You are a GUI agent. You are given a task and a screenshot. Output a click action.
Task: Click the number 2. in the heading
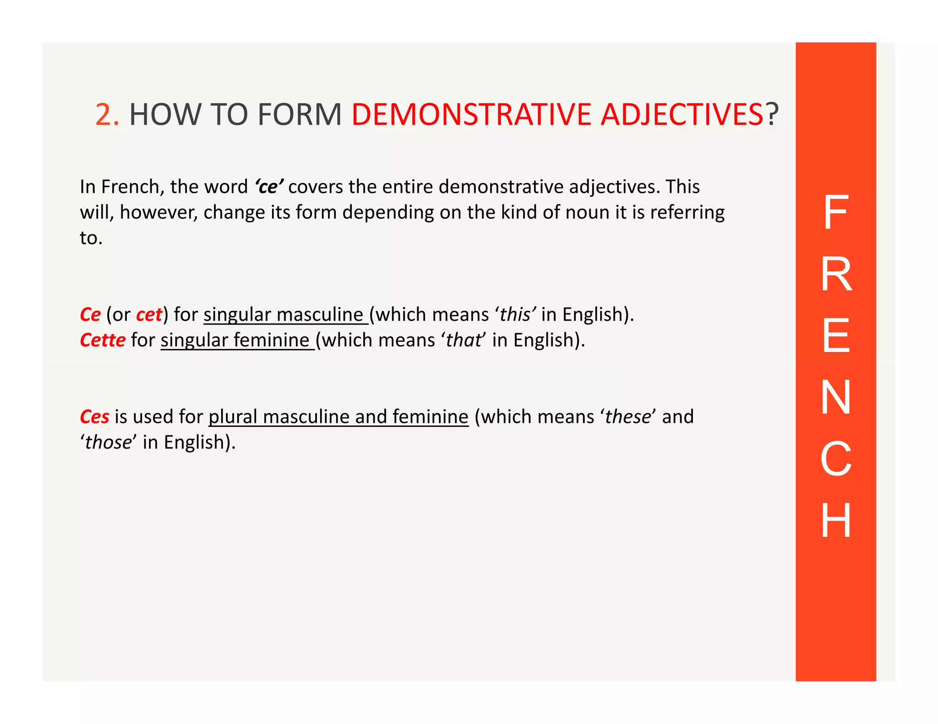click(x=107, y=114)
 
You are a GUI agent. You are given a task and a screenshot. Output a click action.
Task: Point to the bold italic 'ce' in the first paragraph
click(x=269, y=187)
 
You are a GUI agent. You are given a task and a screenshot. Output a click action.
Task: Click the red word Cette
click(x=103, y=340)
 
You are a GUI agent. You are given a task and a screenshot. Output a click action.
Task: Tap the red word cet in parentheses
click(x=149, y=314)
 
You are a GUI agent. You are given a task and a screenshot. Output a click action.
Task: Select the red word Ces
click(x=94, y=416)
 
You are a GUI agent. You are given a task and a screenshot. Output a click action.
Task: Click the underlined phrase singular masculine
click(x=285, y=314)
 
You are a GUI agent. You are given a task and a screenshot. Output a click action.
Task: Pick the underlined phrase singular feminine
click(x=236, y=340)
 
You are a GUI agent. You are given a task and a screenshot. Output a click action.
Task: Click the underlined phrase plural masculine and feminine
click(x=338, y=416)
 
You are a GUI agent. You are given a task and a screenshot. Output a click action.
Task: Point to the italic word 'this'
click(x=515, y=314)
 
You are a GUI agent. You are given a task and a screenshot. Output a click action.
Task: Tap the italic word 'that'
click(x=464, y=340)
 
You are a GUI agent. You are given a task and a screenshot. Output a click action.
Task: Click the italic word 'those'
click(x=108, y=442)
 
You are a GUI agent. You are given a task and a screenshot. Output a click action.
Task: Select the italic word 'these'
click(x=627, y=416)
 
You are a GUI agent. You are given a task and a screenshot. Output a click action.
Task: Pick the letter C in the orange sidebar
click(x=836, y=459)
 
